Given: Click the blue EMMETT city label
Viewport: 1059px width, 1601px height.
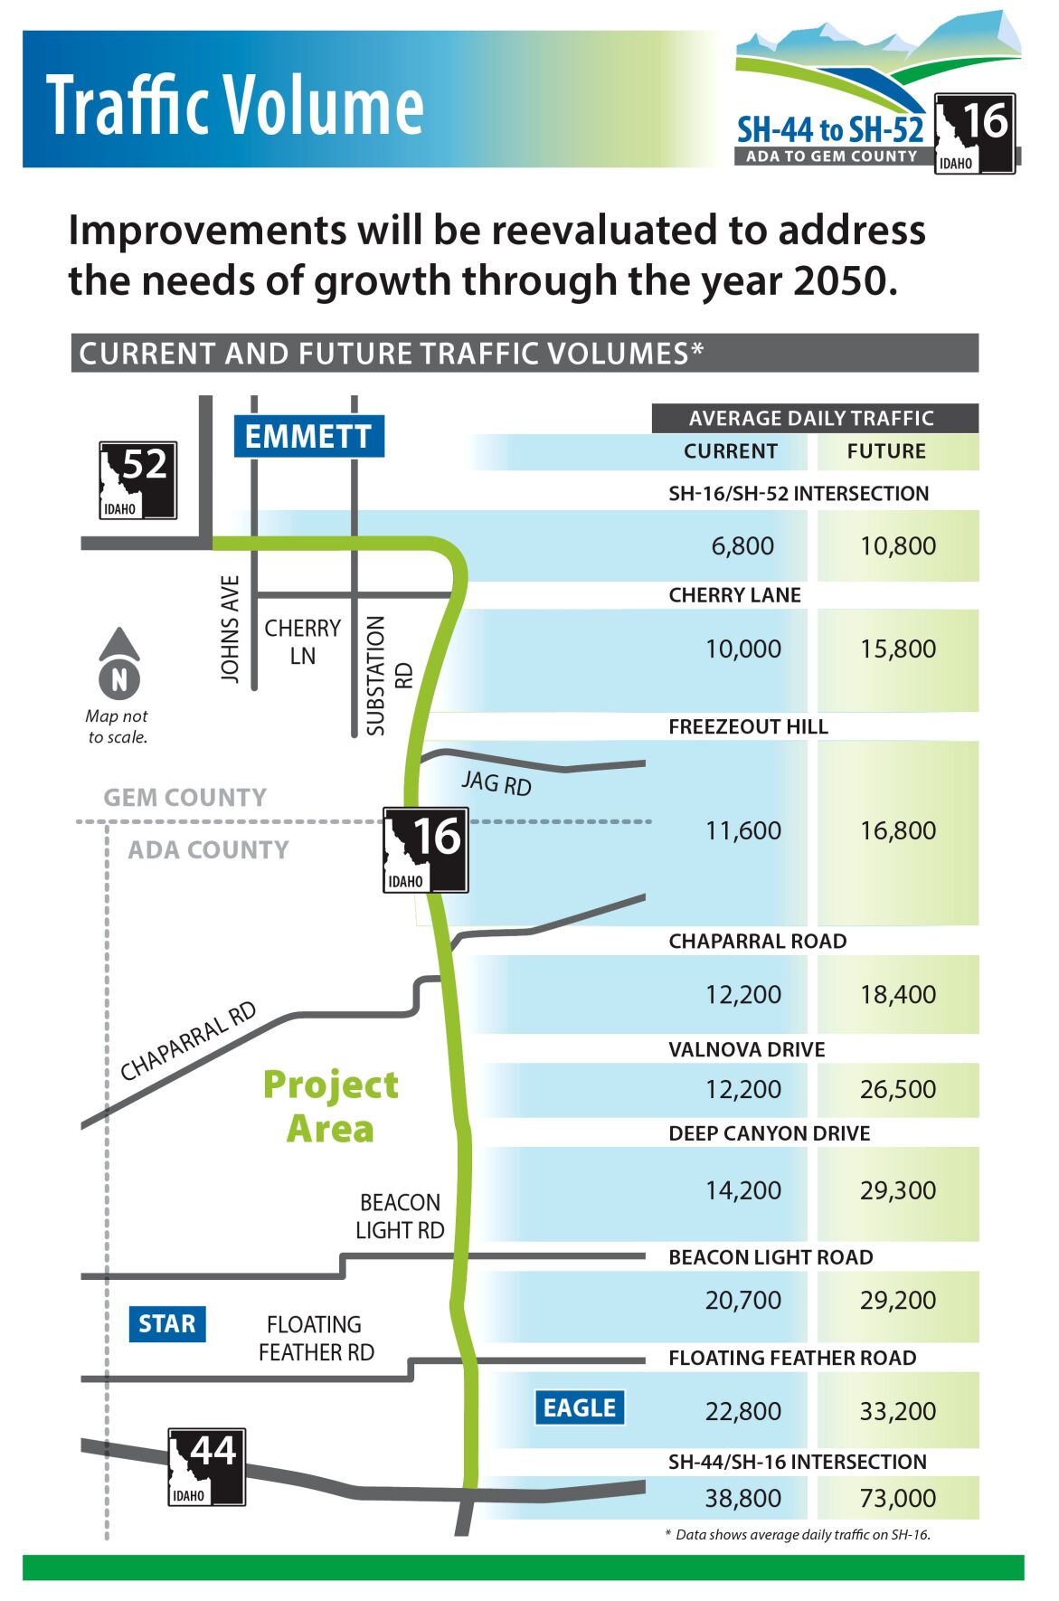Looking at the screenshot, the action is [x=309, y=436].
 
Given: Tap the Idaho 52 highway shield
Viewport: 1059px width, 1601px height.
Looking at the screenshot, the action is [x=137, y=480].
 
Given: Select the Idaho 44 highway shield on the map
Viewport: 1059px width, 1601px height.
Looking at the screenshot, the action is [x=207, y=1467].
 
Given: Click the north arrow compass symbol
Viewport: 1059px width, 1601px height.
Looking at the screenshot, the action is [x=119, y=663].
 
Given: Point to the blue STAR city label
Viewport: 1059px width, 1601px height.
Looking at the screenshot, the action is [x=167, y=1324].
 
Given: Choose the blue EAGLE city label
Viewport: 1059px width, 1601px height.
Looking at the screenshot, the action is [x=580, y=1407].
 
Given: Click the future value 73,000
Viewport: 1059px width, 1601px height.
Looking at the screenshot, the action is [x=898, y=1498].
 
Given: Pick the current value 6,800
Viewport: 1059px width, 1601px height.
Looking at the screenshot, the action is [x=742, y=545].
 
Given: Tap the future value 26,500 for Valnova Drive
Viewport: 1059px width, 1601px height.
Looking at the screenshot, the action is [x=898, y=1089].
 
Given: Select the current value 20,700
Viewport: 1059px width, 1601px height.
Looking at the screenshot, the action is [x=743, y=1300].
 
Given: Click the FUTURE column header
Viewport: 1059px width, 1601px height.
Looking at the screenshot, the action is [x=886, y=451].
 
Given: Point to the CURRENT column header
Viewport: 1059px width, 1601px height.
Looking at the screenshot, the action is [x=731, y=451].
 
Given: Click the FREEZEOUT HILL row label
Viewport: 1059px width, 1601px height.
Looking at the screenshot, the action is [x=749, y=727].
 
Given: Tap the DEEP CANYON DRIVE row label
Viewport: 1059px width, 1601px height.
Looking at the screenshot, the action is [x=770, y=1133].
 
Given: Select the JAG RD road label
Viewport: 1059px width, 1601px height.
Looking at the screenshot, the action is [x=496, y=782].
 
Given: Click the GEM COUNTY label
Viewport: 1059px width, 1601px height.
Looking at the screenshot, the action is [x=185, y=798].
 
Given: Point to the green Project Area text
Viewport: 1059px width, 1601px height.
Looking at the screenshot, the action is [x=331, y=1106].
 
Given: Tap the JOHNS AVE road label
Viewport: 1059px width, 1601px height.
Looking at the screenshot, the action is [x=231, y=630].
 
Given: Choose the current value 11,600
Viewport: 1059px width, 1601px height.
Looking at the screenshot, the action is [x=743, y=830].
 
